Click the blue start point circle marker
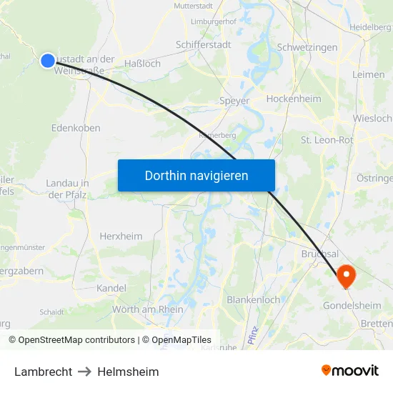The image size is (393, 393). (x=48, y=61)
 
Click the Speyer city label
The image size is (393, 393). (x=234, y=101)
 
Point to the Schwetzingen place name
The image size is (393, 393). (x=307, y=47)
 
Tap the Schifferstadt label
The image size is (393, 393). (x=204, y=44)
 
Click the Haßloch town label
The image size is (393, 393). (x=142, y=64)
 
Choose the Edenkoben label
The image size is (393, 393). (x=76, y=128)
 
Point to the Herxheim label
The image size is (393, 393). (x=121, y=236)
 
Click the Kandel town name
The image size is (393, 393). (x=111, y=288)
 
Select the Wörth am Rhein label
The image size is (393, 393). (x=148, y=309)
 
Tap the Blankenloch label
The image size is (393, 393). (x=253, y=300)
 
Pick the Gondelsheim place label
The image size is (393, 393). (x=351, y=306)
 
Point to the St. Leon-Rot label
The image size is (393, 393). (x=327, y=140)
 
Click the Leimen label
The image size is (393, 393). (x=369, y=74)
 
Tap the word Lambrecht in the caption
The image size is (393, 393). (x=43, y=372)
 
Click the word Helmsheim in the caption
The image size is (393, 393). (x=128, y=372)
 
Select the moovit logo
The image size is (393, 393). (x=350, y=370)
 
